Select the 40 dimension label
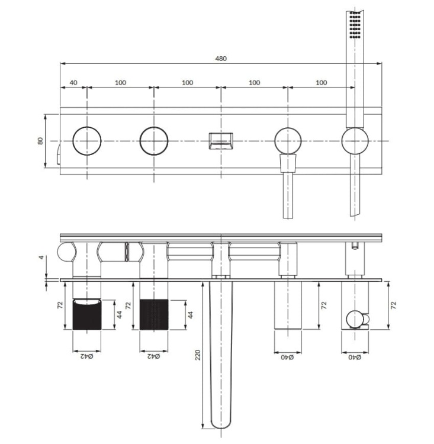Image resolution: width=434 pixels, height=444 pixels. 73,83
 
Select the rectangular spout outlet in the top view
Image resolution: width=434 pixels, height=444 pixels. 221,141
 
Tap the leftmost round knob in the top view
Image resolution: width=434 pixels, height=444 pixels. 87,141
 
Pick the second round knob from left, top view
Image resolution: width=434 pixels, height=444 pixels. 154,141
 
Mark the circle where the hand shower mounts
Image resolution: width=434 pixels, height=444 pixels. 355,141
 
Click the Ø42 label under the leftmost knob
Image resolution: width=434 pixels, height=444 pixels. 87,356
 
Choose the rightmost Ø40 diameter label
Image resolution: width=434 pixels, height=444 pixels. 355,356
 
